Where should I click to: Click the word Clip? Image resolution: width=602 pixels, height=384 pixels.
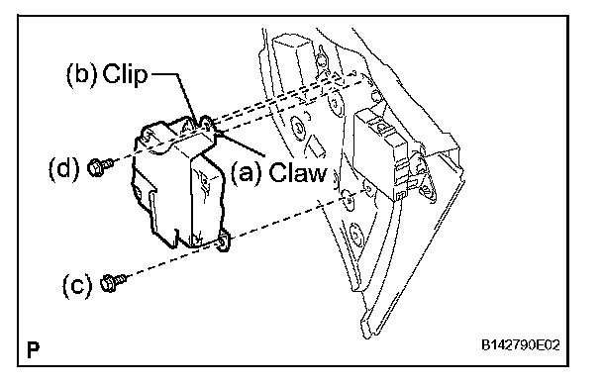point(125,74)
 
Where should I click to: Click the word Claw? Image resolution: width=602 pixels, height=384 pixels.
point(298,172)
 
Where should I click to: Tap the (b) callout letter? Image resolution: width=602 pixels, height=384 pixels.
point(82,74)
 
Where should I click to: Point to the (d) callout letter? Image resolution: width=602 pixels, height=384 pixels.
point(64,168)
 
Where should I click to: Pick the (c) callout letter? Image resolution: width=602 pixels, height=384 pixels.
point(77,286)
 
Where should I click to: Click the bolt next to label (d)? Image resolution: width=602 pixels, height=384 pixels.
point(100,167)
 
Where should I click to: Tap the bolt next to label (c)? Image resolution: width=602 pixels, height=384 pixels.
point(113,283)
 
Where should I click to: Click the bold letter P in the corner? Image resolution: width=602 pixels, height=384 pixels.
point(33,349)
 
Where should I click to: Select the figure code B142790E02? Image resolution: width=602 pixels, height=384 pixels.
point(521,344)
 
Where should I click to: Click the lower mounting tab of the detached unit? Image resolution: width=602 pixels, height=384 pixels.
point(224,242)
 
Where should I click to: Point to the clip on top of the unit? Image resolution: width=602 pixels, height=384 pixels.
point(200,124)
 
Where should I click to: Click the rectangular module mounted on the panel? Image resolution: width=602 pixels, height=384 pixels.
point(380,153)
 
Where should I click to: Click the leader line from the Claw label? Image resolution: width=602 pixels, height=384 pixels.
point(240,143)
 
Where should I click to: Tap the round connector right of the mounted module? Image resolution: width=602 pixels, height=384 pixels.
point(424,177)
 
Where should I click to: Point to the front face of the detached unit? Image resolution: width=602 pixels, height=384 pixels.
point(207,200)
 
